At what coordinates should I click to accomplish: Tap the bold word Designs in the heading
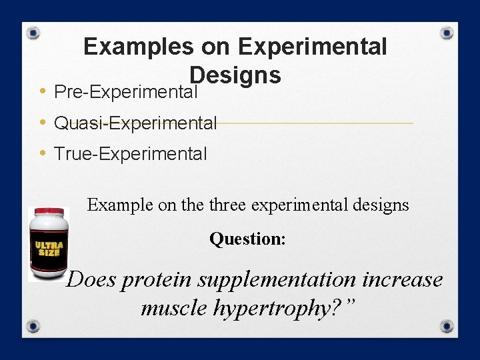click(235, 75)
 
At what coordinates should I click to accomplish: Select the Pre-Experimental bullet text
click(126, 91)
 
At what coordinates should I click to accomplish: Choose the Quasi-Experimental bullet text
click(135, 123)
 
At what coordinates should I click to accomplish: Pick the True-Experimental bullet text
click(131, 154)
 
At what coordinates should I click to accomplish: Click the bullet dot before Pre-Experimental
click(42, 91)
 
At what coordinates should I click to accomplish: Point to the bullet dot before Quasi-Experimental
click(42, 123)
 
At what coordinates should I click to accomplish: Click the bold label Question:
click(247, 239)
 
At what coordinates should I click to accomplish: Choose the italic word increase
click(404, 279)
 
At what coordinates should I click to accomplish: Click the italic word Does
click(92, 279)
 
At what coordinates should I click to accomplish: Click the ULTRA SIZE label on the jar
click(48, 249)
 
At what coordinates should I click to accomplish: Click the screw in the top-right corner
click(447, 32)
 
